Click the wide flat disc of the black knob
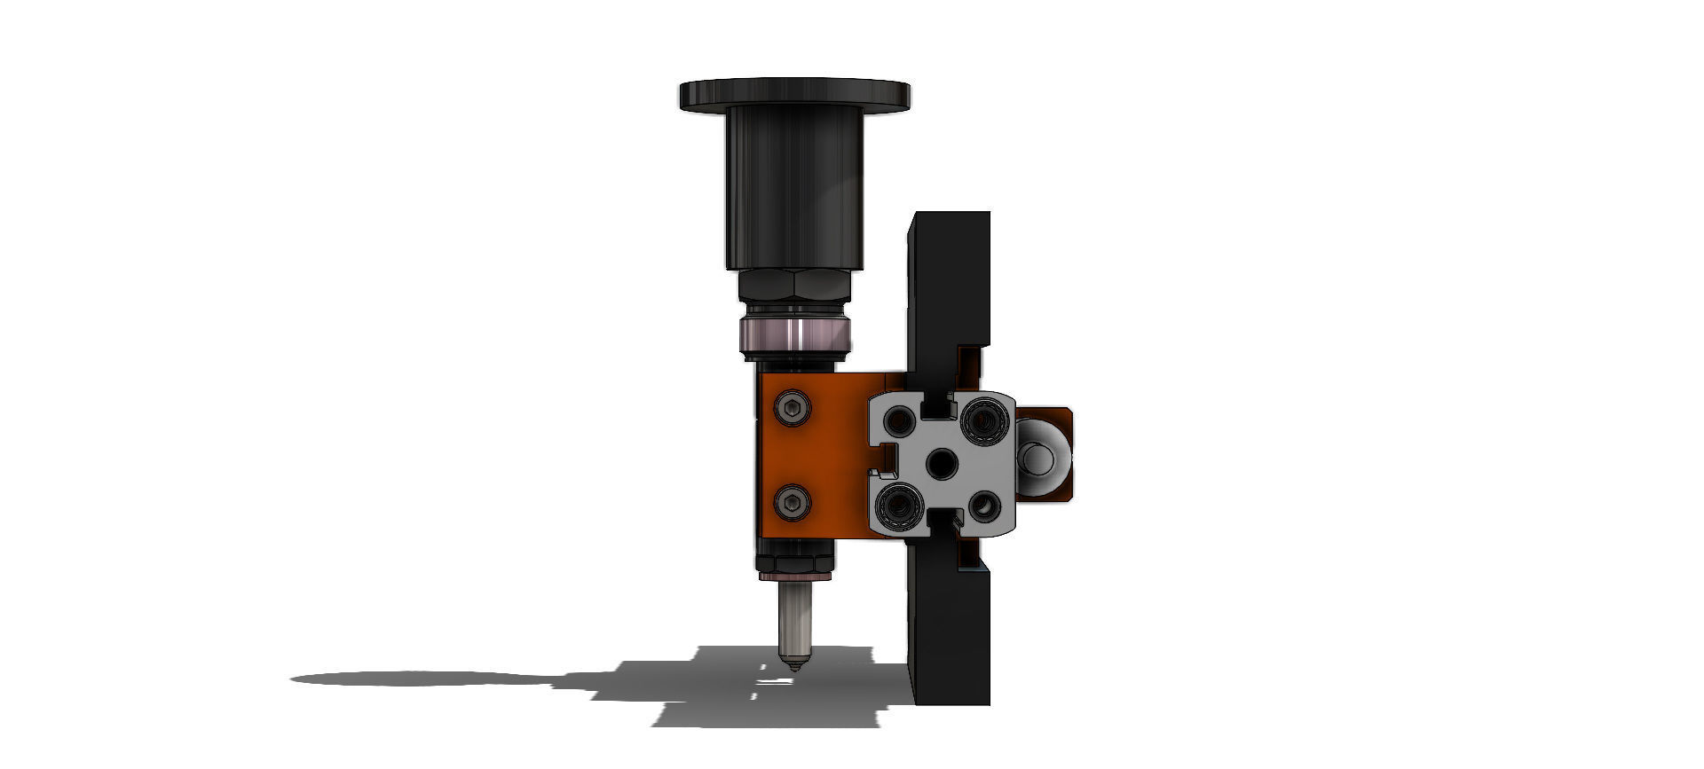click(x=794, y=94)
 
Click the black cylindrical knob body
click(x=794, y=186)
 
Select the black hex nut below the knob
click(x=794, y=286)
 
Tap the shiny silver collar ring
click(x=794, y=335)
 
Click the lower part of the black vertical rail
click(x=950, y=639)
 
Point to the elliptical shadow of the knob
click(x=417, y=679)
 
